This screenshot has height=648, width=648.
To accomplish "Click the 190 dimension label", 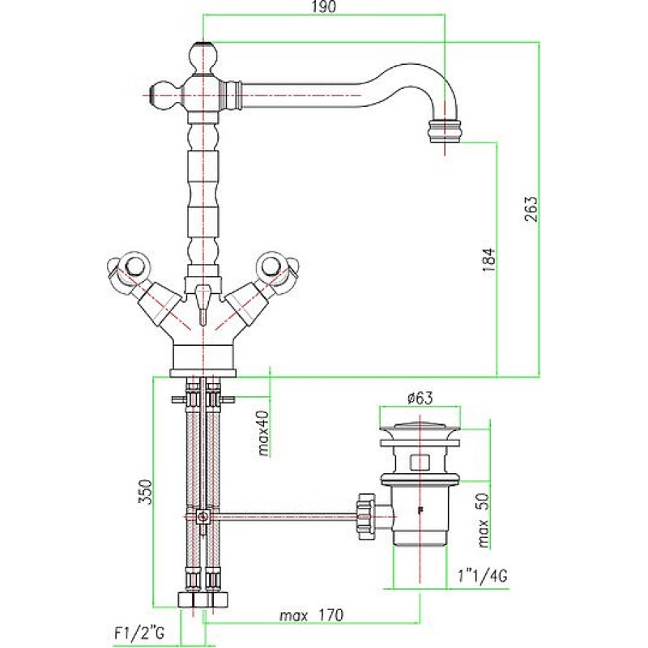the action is (x=324, y=7).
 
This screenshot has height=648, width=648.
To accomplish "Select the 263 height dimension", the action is (x=532, y=208).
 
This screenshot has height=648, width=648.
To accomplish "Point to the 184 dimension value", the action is (x=488, y=259).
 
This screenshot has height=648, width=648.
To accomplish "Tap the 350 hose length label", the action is (x=146, y=492).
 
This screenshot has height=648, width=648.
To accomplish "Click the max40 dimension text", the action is (x=264, y=433).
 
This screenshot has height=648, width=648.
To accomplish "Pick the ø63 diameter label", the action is (x=420, y=399).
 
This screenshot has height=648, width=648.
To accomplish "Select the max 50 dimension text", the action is (x=483, y=520).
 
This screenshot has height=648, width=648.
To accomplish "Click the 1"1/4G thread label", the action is (x=482, y=576).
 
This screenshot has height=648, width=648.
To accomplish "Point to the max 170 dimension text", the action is (x=312, y=616).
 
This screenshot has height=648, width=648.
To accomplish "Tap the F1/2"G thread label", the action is (x=139, y=633).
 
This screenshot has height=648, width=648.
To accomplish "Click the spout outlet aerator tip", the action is (x=445, y=131).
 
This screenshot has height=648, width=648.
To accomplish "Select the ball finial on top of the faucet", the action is (x=203, y=56).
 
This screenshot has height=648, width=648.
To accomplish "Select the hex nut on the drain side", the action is (x=366, y=517).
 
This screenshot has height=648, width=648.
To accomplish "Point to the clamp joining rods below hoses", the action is (x=202, y=517).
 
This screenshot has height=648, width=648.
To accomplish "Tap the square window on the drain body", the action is (x=420, y=462).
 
